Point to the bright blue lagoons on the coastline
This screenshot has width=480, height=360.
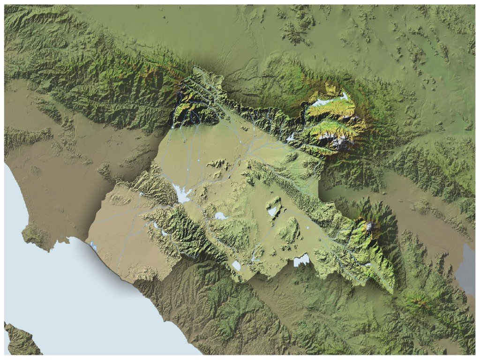tap(93, 245)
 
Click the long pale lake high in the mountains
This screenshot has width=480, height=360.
tap(328, 101)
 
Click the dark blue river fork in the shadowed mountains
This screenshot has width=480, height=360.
tap(187, 112)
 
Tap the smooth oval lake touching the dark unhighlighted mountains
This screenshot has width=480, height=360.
tap(236, 266)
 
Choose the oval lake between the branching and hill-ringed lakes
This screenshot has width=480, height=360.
tap(220, 216)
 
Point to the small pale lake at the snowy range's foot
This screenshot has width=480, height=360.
tap(290, 137)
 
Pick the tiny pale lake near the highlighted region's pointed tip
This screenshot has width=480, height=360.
tap(368, 265)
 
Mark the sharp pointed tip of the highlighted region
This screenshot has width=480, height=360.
tap(393, 292)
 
